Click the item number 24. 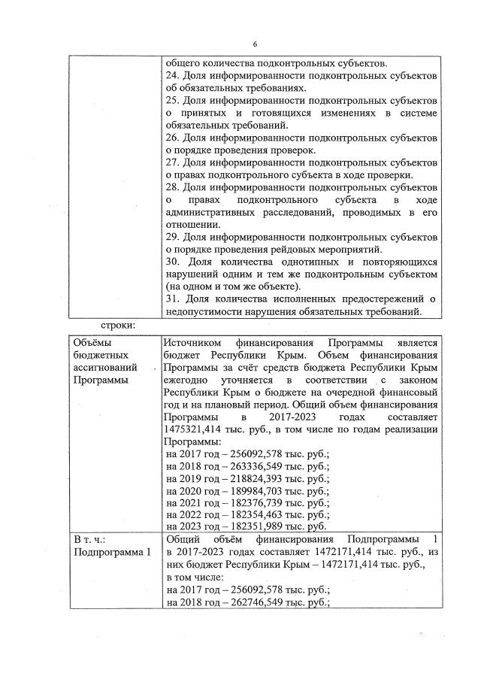(x=171, y=76)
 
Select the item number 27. (x=171, y=162)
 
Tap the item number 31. (x=171, y=299)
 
